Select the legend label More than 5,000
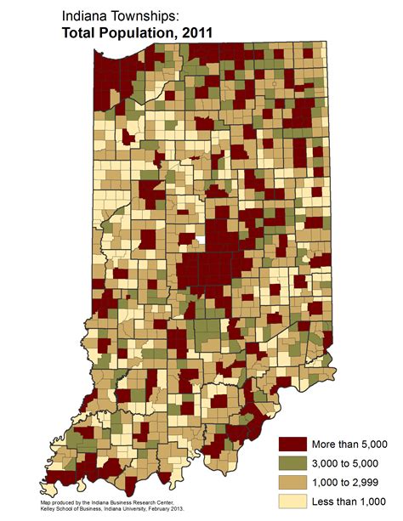(x=349, y=444)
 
